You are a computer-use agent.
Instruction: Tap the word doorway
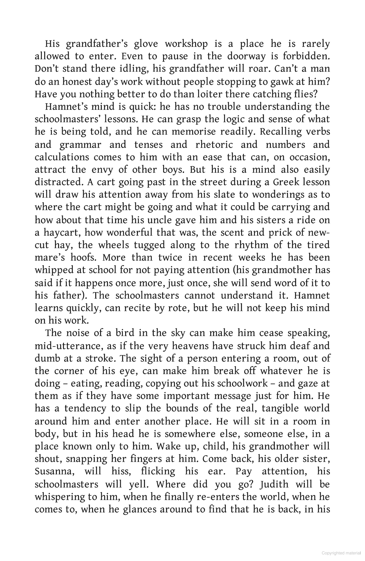(x=246, y=56)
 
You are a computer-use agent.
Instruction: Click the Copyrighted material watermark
(x=341, y=553)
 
